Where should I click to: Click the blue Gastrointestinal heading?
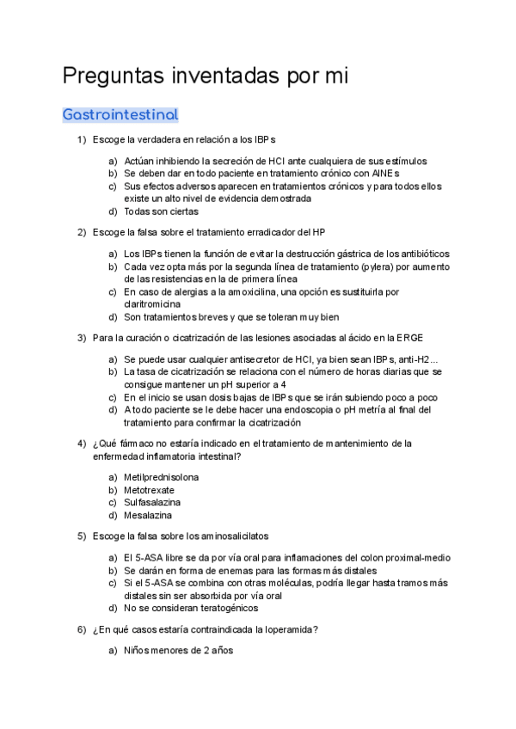[120, 113]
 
